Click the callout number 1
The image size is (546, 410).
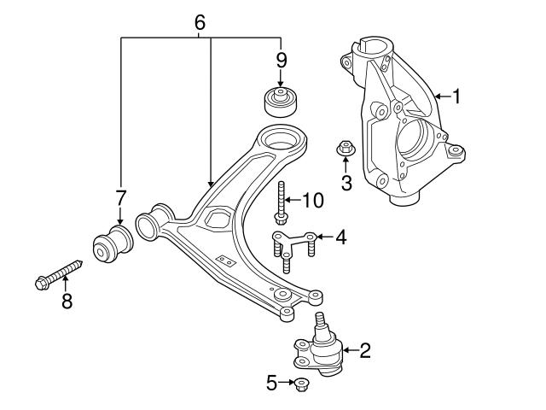(456, 97)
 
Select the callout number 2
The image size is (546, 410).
(365, 349)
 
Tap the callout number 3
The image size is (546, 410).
(346, 181)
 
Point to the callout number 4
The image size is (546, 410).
(340, 237)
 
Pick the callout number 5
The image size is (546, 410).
(271, 384)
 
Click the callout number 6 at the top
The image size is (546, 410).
(200, 22)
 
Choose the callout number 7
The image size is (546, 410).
(120, 199)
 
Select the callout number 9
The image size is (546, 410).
(281, 61)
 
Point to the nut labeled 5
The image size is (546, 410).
(300, 384)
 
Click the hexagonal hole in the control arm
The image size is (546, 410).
(216, 218)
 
